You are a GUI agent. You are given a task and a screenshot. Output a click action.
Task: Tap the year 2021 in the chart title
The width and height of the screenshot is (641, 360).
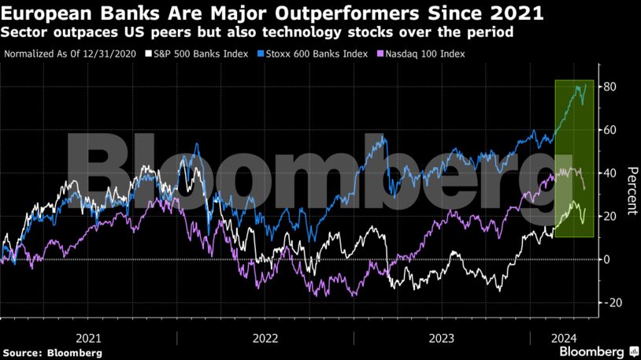518,13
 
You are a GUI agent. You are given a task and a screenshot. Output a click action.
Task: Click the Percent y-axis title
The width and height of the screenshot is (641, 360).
631,192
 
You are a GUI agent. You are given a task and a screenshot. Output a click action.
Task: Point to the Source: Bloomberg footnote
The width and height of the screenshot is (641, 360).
52,353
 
